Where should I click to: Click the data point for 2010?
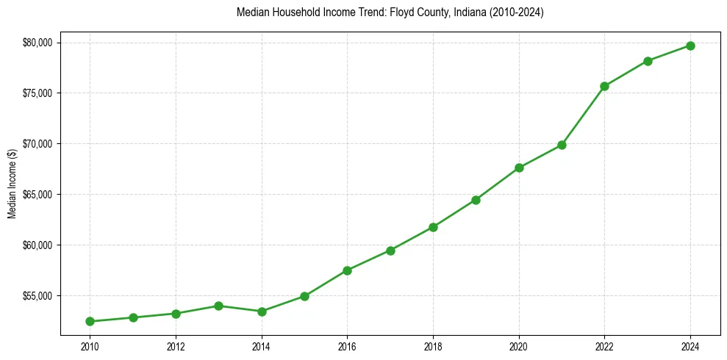pyautogui.click(x=90, y=321)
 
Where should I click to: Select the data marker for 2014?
pyautogui.click(x=262, y=312)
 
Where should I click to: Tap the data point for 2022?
pyautogui.click(x=604, y=86)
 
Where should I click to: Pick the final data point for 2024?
pyautogui.click(x=690, y=46)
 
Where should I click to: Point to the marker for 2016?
pyautogui.click(x=347, y=270)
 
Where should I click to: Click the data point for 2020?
pyautogui.click(x=519, y=168)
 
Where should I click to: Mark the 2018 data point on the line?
pyautogui.click(x=433, y=227)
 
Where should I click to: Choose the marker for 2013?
pyautogui.click(x=218, y=306)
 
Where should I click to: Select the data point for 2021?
pyautogui.click(x=562, y=145)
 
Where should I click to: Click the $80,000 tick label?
pyautogui.click(x=37, y=43)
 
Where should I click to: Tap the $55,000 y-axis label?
pyautogui.click(x=37, y=296)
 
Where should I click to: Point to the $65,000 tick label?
pyautogui.click(x=37, y=195)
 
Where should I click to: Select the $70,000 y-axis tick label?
pyautogui.click(x=37, y=144)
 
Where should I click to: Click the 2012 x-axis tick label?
pyautogui.click(x=175, y=346)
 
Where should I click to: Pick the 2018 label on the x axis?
pyautogui.click(x=433, y=346)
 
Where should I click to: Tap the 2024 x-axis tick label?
pyautogui.click(x=690, y=346)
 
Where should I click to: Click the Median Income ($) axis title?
pyautogui.click(x=12, y=183)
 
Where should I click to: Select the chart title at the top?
pyautogui.click(x=390, y=12)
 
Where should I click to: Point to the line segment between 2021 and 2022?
pyautogui.click(x=583, y=115)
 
